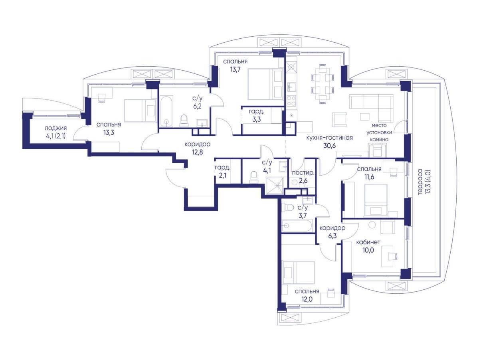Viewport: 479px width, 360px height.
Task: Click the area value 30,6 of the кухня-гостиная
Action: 330,146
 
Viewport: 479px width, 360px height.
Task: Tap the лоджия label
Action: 55,128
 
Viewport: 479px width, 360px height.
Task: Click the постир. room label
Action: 303,173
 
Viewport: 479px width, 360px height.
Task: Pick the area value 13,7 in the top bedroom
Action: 235,69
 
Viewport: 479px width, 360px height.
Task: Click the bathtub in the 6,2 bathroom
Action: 166,111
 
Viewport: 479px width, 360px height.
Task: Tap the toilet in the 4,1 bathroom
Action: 253,176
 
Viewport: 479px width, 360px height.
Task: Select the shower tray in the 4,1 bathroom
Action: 275,186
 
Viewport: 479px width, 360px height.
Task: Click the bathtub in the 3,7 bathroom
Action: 297,226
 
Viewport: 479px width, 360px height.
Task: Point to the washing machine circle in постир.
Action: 295,182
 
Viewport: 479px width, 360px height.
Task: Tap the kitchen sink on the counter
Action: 291,87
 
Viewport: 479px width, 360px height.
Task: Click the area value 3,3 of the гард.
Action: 256,119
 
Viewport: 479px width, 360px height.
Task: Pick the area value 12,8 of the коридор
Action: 198,152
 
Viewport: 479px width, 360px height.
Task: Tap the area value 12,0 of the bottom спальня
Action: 307,299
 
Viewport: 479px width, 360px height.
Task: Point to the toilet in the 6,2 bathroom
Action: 184,121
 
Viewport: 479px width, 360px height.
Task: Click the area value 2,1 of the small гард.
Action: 222,175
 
